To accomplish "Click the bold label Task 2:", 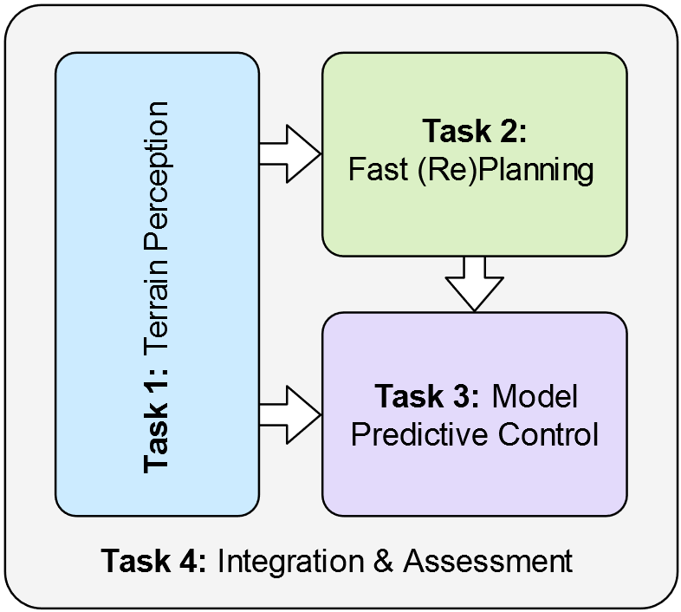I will click(x=474, y=132).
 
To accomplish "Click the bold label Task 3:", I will click(x=427, y=397).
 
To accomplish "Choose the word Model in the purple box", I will click(x=535, y=397).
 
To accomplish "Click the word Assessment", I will click(x=487, y=561).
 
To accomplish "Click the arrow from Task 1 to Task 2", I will click(x=289, y=153).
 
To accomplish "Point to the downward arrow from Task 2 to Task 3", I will click(x=474, y=283).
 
